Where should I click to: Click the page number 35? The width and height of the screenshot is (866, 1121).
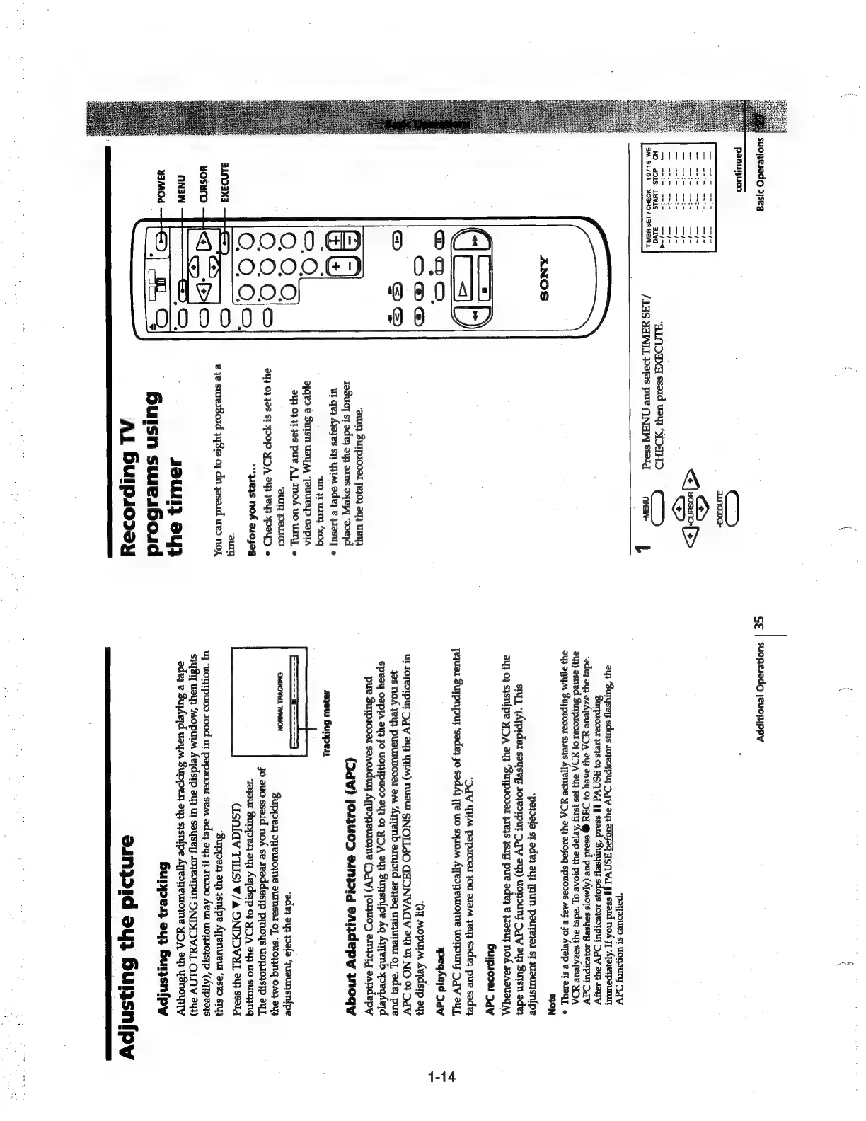[758, 623]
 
